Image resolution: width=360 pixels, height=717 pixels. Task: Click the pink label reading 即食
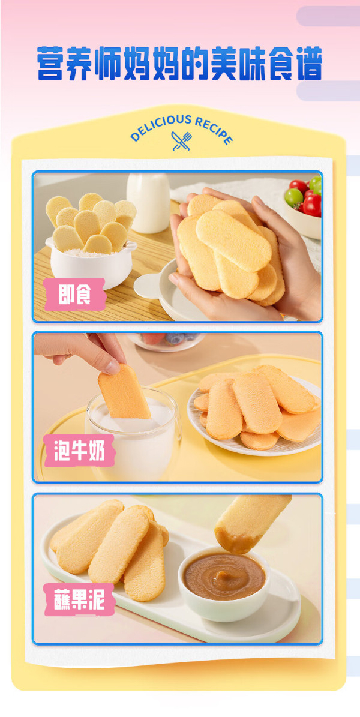click(x=74, y=294)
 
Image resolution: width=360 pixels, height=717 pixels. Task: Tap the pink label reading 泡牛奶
click(x=79, y=450)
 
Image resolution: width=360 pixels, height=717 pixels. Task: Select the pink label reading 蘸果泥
click(x=79, y=599)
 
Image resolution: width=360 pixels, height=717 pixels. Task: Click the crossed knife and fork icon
click(x=181, y=141)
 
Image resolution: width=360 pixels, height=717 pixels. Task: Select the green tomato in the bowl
click(x=293, y=198)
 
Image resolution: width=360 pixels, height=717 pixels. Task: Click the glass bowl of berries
click(x=166, y=341)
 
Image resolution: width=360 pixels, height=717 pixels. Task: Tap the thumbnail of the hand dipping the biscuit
click(x=178, y=407)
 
